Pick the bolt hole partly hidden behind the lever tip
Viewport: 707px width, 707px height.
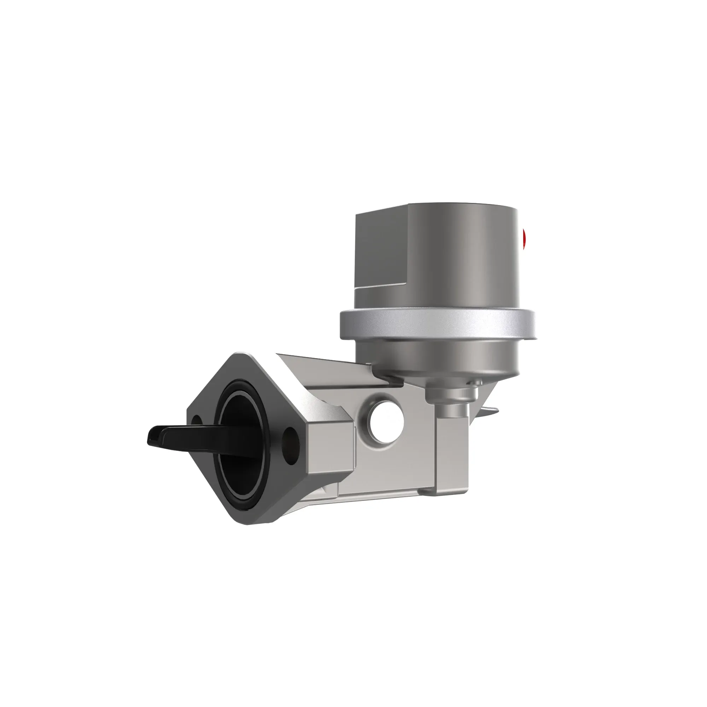196,421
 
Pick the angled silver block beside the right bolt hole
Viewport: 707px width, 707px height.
329,446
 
